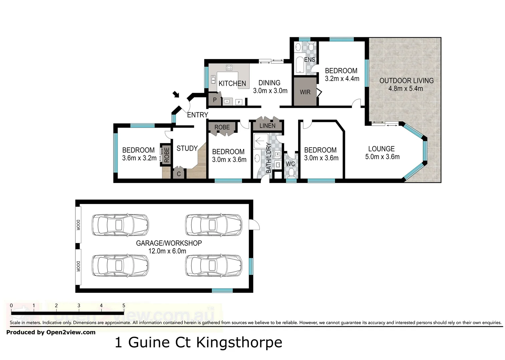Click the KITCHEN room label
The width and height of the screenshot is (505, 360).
[x=232, y=83]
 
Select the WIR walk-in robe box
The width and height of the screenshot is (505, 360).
[x=305, y=92]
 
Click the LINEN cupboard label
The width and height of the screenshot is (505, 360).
[x=267, y=126]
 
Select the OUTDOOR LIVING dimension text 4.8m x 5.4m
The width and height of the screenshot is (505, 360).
[x=406, y=89]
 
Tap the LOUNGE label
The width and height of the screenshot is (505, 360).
[x=381, y=149]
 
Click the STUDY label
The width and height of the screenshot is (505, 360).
[x=187, y=148]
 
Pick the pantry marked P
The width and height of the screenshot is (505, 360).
[x=214, y=100]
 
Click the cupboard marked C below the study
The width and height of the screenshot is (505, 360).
[x=178, y=174]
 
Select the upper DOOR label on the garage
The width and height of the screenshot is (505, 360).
[x=78, y=225]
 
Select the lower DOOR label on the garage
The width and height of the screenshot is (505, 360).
[x=78, y=266]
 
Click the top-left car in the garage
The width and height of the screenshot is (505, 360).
[x=120, y=225]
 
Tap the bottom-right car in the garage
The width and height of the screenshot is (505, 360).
[x=214, y=266]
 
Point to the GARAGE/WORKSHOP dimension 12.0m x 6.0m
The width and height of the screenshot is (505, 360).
[x=167, y=251]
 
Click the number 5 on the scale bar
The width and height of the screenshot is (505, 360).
[x=124, y=305]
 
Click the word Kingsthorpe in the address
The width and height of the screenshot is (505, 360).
[x=239, y=342]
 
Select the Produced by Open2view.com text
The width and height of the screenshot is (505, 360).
[x=51, y=332]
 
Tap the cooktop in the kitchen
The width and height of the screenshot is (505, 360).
[x=229, y=68]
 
